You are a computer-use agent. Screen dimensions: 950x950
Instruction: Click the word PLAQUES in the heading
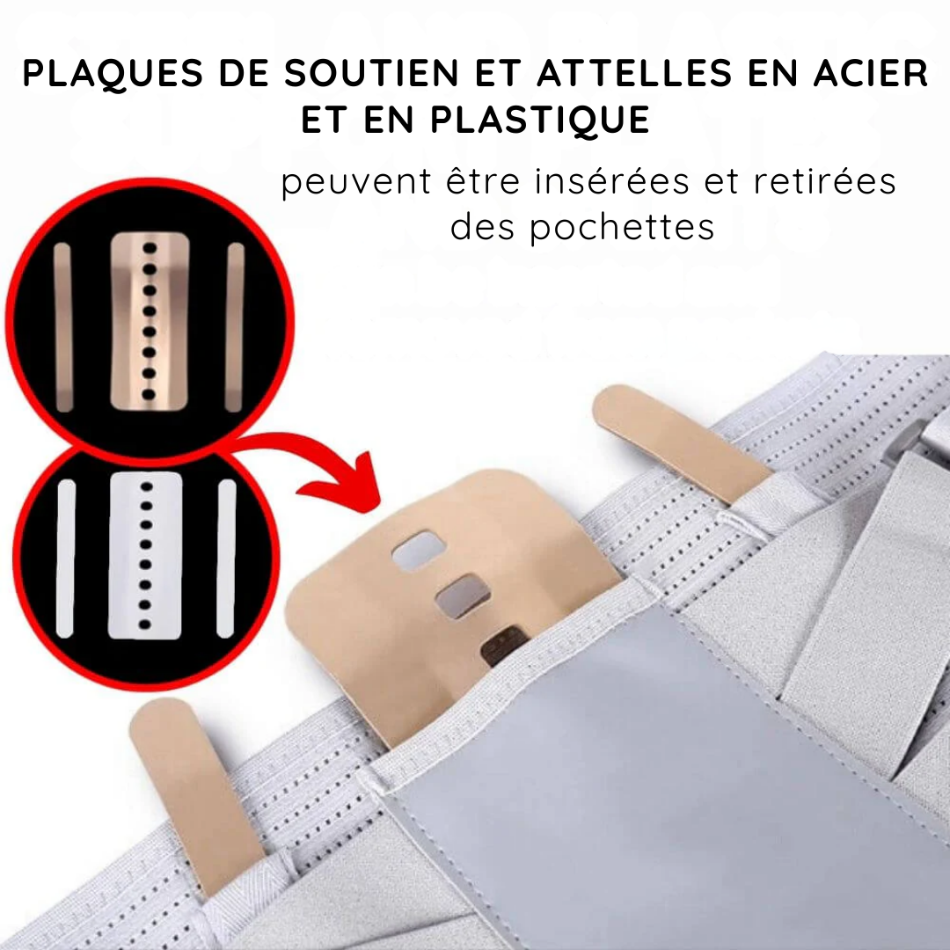[x=113, y=74]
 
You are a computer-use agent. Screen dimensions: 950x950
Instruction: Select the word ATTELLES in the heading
[x=635, y=73]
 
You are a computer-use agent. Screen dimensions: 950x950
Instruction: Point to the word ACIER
[x=870, y=73]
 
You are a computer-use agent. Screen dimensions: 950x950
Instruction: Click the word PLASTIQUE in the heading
[x=540, y=120]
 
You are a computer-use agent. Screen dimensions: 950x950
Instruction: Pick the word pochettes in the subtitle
[x=622, y=229]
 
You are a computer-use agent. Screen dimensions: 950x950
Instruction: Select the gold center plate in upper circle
[x=150, y=320]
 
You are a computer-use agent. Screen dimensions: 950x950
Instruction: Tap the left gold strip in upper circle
[x=63, y=327]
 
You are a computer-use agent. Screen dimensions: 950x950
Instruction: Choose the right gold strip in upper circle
[x=235, y=327]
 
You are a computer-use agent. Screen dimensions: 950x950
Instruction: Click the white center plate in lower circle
[x=145, y=556]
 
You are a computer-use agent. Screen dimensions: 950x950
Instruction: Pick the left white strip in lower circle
[x=65, y=559]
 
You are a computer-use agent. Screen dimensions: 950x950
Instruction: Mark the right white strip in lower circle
[x=226, y=559]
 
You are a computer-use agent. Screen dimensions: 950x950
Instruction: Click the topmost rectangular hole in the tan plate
[x=418, y=551]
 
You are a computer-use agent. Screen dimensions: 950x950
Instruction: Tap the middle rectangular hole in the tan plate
[x=463, y=597]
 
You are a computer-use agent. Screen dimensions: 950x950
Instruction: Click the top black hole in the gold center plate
[x=150, y=248]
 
